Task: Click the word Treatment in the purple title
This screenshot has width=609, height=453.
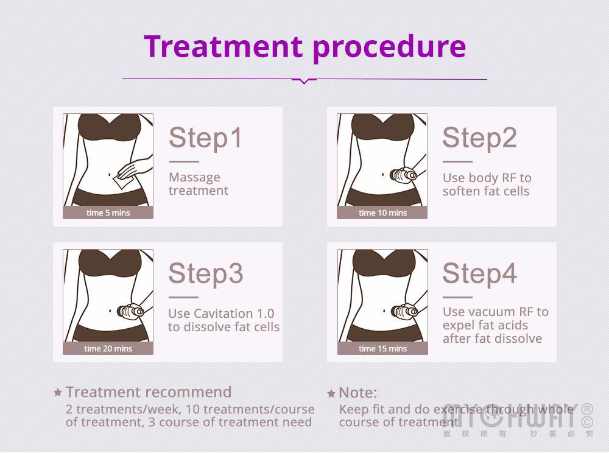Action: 223,46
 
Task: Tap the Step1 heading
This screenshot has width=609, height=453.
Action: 205,138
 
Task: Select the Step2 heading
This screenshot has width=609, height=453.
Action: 480,138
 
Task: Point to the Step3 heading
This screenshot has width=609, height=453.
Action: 206,273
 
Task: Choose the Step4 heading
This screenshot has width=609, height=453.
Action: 480,273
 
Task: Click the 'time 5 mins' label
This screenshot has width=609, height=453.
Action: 108,212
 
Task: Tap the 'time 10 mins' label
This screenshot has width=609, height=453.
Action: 382,212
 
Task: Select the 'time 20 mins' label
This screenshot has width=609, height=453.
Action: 108,349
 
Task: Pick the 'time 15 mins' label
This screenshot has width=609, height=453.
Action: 382,349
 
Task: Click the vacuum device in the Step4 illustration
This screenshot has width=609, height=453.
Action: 404,311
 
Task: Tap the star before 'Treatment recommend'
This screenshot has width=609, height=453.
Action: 58,393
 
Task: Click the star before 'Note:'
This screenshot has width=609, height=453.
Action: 331,393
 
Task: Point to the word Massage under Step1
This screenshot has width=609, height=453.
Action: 195,178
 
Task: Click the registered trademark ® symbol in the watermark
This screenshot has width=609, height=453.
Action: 587,409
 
